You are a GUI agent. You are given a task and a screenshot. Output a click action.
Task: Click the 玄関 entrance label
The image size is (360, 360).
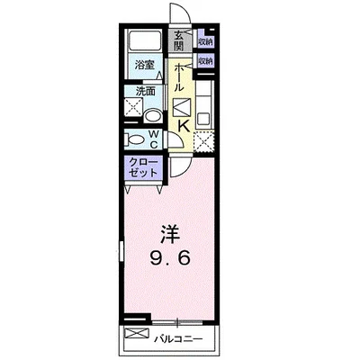pyautogui.click(x=179, y=40)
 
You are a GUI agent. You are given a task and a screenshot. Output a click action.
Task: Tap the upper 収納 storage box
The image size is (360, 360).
pyautogui.click(x=205, y=40)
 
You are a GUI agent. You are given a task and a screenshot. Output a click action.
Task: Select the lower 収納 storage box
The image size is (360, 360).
pyautogui.click(x=205, y=61)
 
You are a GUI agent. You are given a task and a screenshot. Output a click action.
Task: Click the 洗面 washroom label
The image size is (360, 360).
pyautogui.click(x=146, y=91)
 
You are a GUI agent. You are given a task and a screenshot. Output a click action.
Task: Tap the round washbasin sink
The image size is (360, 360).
pyautogui.click(x=154, y=114)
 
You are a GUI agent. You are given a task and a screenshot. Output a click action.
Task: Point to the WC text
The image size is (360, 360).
pyautogui.click(x=154, y=139)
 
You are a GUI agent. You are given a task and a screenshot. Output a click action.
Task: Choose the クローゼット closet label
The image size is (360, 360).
pyautogui.click(x=142, y=166)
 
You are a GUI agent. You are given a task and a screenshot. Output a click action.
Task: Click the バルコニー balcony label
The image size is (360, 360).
pyautogui.click(x=190, y=338)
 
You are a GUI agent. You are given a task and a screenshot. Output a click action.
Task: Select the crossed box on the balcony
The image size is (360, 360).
pyautogui.click(x=138, y=336)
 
